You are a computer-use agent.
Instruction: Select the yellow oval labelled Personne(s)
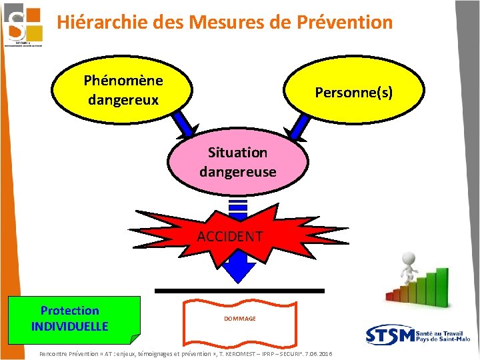click(x=353, y=93)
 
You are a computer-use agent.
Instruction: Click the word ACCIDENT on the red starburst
click(x=230, y=237)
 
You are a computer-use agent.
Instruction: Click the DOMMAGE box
click(x=239, y=319)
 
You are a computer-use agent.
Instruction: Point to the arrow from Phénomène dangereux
click(x=181, y=125)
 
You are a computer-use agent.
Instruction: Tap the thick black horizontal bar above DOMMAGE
click(x=239, y=291)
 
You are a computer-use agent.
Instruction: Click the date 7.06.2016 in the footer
click(x=318, y=353)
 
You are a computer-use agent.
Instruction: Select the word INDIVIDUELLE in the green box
click(x=69, y=326)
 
